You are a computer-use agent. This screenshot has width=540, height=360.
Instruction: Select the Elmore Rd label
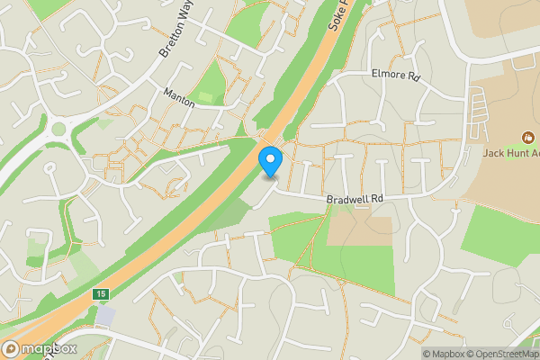pyautogui.click(x=396, y=76)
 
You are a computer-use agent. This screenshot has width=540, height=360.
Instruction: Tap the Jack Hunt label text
pyautogui.click(x=511, y=154)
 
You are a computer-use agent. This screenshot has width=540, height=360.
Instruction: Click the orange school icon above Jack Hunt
pyautogui.click(x=528, y=138)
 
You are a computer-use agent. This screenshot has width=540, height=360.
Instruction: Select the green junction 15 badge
pyautogui.click(x=99, y=294)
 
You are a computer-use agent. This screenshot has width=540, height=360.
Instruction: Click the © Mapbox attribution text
pyautogui.click(x=443, y=354)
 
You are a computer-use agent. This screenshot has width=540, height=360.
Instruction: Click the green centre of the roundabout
pyautogui.click(x=58, y=129)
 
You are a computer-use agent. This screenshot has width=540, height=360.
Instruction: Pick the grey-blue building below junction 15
pyautogui.click(x=105, y=316)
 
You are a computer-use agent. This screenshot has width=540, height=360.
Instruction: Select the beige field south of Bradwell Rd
pyautogui.click(x=360, y=230)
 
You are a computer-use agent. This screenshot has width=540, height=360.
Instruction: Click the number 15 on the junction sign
pyautogui.click(x=99, y=294)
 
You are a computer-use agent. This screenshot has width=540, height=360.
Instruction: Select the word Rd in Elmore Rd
pyautogui.click(x=413, y=76)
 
